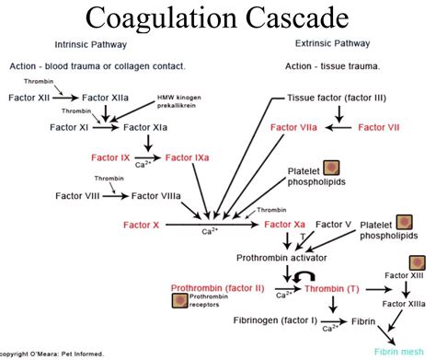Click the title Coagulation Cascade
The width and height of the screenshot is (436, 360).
point(218,18)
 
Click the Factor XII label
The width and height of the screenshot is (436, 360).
point(31,97)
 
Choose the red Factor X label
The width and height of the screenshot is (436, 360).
point(142,224)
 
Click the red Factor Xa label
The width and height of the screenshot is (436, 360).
point(285,224)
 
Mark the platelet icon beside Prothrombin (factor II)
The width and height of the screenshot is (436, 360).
point(180,297)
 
